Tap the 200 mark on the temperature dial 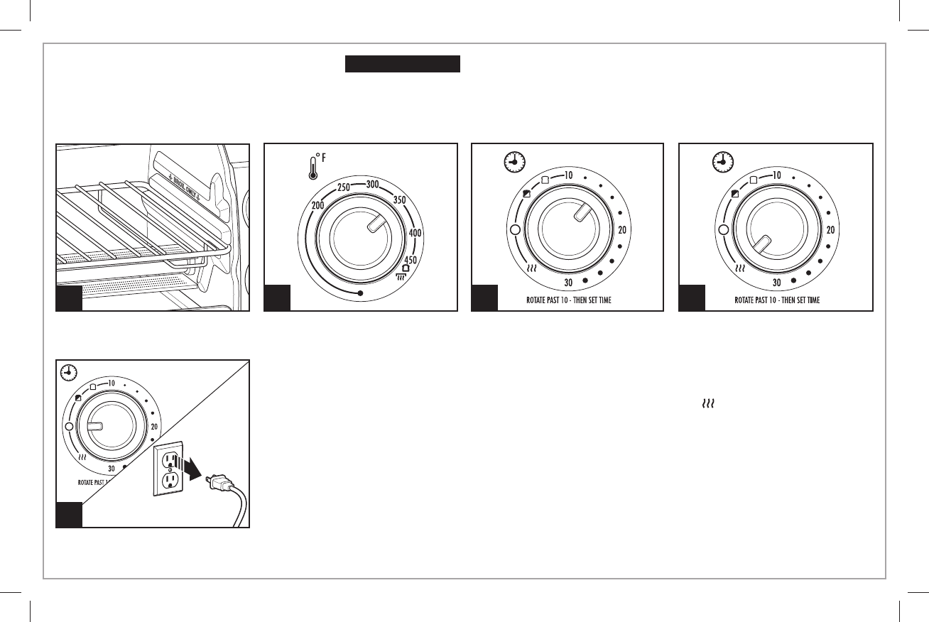tap(318, 205)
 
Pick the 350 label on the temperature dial tap(399, 201)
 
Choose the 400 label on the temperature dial tap(415, 232)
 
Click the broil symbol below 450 tap(406, 273)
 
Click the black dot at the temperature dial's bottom tap(361, 293)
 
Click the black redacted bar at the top tap(403, 65)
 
